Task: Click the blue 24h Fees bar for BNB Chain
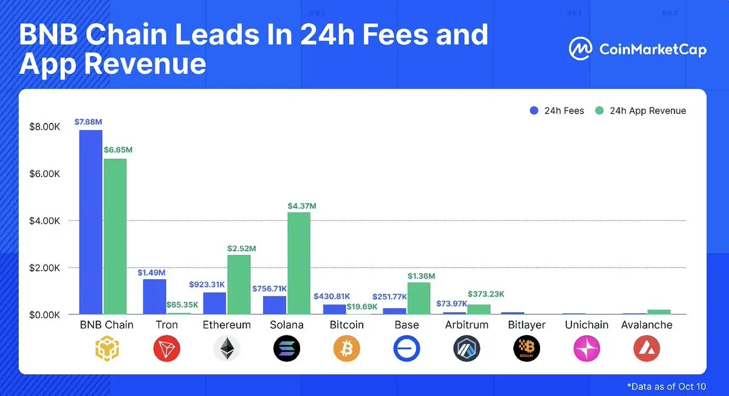(91, 222)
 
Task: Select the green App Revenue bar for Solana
(298, 263)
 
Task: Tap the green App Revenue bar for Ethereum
(239, 284)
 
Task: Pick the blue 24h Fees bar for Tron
(154, 296)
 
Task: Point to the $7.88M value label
(88, 122)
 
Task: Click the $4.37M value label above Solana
(301, 206)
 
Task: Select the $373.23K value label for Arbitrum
(485, 294)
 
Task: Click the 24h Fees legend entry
(557, 111)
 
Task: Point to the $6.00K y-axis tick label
(44, 173)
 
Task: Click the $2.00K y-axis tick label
(44, 268)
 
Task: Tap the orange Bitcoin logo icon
(347, 349)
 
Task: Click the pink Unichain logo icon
(587, 349)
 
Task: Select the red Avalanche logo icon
(646, 349)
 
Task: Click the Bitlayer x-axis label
(527, 325)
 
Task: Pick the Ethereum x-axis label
(227, 325)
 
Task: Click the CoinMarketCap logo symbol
(580, 49)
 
